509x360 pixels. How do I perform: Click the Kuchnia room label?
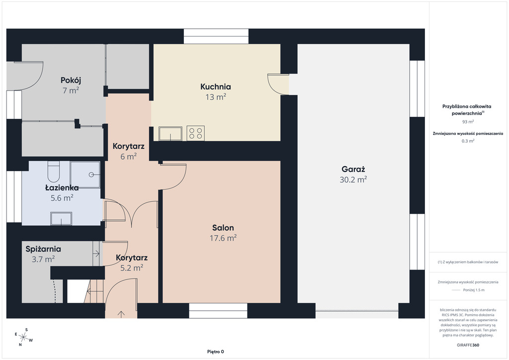(216, 87)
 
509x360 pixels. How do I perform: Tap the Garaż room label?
(353, 169)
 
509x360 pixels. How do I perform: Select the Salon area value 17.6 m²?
(223, 238)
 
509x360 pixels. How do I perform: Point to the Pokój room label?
(71, 80)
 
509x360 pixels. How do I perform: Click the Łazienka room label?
(62, 187)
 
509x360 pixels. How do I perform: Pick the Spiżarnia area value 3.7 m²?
(43, 259)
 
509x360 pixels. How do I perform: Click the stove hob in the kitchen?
(195, 133)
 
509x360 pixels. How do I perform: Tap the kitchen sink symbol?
(170, 133)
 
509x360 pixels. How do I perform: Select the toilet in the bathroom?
(54, 172)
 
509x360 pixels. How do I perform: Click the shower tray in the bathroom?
(85, 175)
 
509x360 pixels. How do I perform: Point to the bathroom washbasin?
(61, 218)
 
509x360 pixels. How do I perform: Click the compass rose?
(23, 337)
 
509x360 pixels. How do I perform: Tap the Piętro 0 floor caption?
(216, 352)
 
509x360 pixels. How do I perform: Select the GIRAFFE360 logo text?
(468, 345)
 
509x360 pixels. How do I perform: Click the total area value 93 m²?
(468, 122)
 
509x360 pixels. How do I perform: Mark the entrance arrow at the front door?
(121, 314)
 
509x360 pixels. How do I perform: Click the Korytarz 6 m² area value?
(129, 157)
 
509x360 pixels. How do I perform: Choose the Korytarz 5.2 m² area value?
(132, 268)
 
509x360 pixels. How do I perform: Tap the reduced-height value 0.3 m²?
(468, 141)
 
